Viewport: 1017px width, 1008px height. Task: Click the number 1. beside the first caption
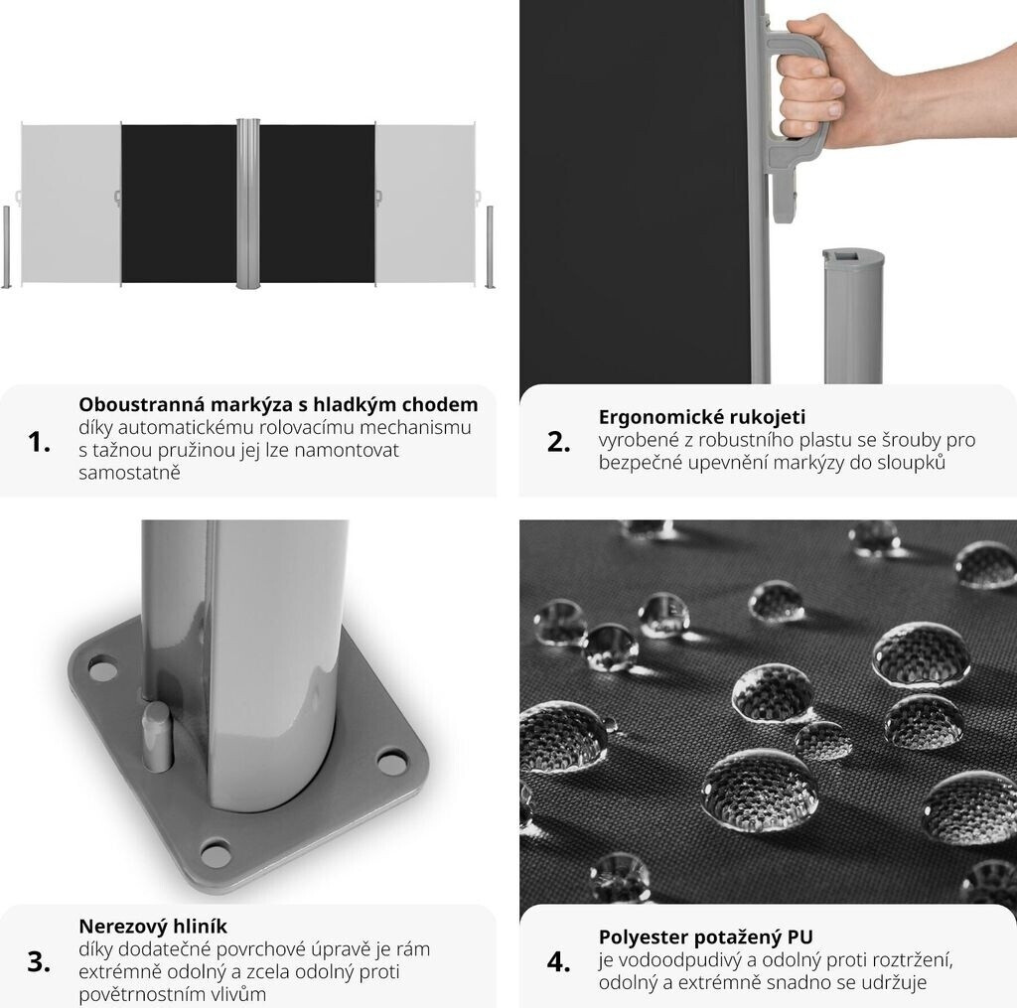39,442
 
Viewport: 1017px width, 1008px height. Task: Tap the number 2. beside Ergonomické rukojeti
558,442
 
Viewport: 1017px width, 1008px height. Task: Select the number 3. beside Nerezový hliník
39,962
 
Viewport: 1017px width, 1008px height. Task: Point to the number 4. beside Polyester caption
558,962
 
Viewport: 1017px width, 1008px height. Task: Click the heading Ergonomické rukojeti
702,416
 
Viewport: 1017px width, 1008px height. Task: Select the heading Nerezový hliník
153,926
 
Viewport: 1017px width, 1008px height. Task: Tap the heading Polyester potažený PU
706,937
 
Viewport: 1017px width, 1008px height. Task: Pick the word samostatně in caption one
129,472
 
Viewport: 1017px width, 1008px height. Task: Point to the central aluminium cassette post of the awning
247,204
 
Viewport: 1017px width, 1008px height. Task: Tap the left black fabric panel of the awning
179,204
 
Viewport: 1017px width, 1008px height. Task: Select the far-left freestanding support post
7,247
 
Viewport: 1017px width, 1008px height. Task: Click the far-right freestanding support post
490,247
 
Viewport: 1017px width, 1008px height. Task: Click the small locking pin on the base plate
157,737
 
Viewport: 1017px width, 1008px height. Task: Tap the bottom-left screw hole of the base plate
216,854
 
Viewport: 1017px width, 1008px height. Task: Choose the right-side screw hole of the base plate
391,762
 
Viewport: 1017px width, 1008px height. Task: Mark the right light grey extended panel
425,204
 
